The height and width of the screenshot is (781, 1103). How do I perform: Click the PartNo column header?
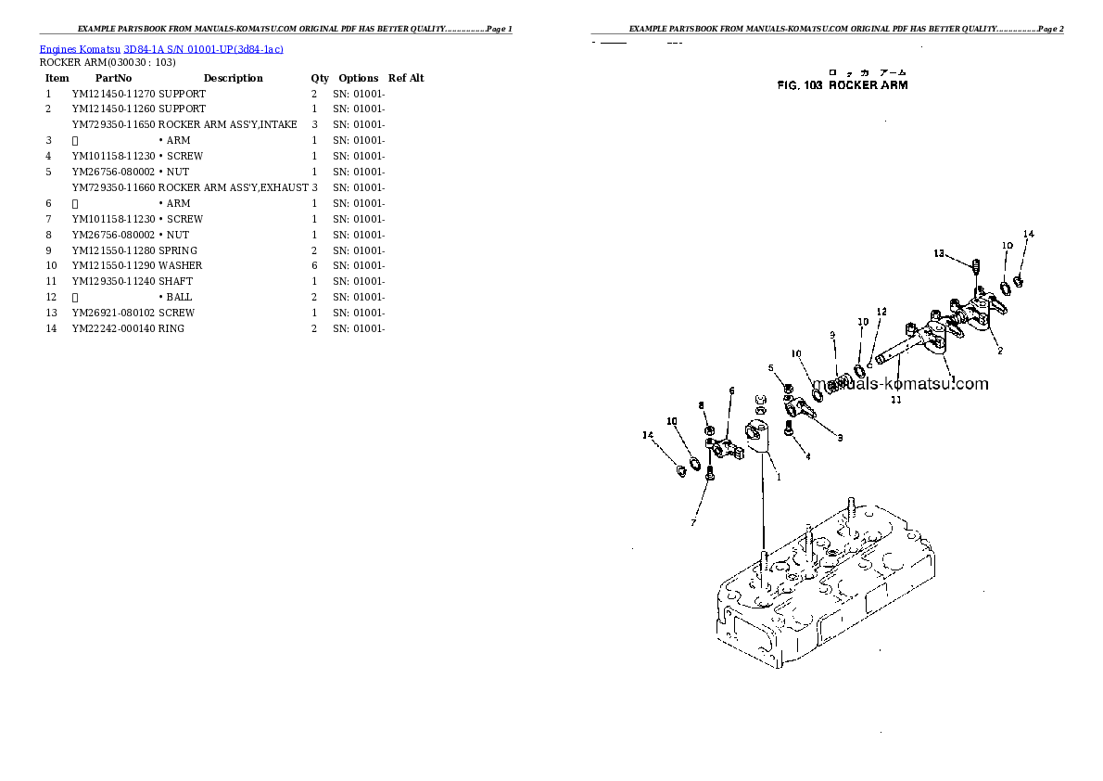point(114,79)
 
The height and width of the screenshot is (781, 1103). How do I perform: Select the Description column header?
point(233,79)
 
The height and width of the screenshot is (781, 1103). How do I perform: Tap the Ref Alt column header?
point(406,79)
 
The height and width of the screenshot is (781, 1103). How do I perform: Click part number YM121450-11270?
point(114,95)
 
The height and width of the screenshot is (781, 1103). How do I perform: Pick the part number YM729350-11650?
point(114,125)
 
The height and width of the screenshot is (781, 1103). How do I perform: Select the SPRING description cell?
point(178,250)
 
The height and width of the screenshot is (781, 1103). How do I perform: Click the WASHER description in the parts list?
point(181,266)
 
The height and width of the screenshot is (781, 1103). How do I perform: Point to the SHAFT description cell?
point(176,282)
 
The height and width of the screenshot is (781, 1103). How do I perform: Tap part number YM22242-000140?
point(114,329)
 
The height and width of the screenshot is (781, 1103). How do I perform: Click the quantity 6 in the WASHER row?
point(314,266)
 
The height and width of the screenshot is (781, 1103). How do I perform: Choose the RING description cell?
point(171,329)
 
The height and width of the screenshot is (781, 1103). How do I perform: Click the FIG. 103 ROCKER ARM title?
point(842,85)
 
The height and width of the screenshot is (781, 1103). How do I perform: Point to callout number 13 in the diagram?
point(939,253)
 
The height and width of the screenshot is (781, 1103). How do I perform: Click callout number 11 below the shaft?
point(895,401)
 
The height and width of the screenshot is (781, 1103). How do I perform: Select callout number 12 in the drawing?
point(881,312)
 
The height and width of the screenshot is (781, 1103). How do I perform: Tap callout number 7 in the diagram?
point(692,523)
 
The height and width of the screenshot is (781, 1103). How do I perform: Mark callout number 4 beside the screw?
point(807,456)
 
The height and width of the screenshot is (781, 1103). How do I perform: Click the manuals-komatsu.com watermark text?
point(899,384)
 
